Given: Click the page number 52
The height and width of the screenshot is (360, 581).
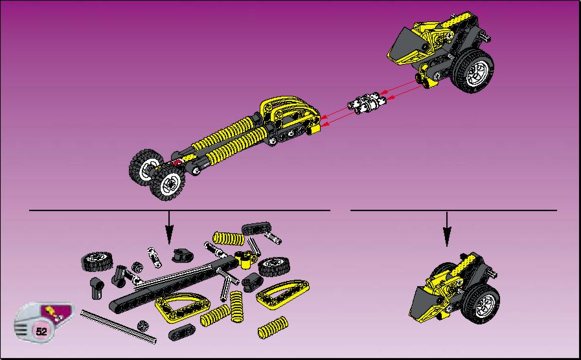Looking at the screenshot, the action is click(41, 331).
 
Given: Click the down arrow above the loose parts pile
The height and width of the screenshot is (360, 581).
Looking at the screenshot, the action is click(169, 227).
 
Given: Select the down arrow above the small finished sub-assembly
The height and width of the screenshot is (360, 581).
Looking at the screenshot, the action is click(447, 229).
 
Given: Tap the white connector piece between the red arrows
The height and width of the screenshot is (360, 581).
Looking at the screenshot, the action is click(367, 103).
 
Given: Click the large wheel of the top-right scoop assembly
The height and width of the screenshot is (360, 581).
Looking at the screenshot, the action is click(472, 71).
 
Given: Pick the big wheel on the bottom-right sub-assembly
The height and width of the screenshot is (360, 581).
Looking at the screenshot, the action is click(481, 304).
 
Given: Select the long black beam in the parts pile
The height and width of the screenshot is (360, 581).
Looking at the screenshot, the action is click(174, 285).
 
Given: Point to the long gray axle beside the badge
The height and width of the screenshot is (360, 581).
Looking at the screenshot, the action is click(118, 327).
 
